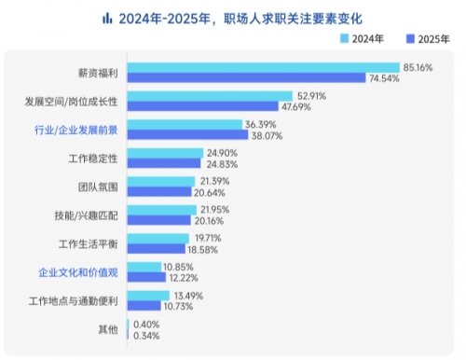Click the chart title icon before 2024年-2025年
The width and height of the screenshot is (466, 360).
[108, 18]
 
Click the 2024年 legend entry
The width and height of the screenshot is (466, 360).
[364, 38]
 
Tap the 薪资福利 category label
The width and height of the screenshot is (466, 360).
[98, 73]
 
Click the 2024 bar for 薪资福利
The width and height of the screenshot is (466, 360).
[261, 68]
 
